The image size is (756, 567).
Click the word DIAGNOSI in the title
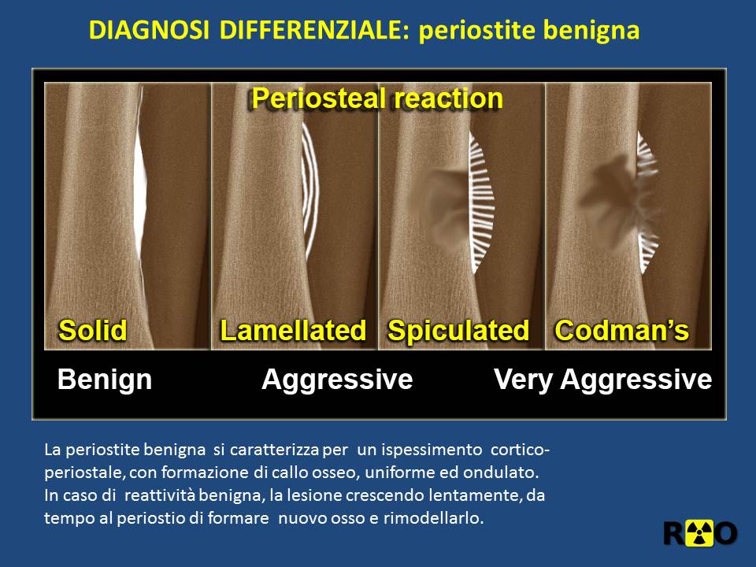coord(149,30)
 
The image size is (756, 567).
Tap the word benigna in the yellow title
coord(591,31)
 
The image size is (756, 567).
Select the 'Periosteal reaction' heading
coord(377,98)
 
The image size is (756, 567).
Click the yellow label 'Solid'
coord(93,331)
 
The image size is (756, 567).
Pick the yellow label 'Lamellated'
coord(293,331)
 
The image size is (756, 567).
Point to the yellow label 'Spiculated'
coord(458,332)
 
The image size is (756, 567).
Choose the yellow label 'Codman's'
coord(622,331)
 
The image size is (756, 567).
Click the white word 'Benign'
coord(105,380)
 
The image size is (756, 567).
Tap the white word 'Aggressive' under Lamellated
coord(337,380)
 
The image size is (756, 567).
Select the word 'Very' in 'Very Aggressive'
coord(523,380)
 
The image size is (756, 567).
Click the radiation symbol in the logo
coord(700,533)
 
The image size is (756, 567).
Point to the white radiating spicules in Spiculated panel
coord(481,202)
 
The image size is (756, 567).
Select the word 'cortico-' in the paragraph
coord(521,450)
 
